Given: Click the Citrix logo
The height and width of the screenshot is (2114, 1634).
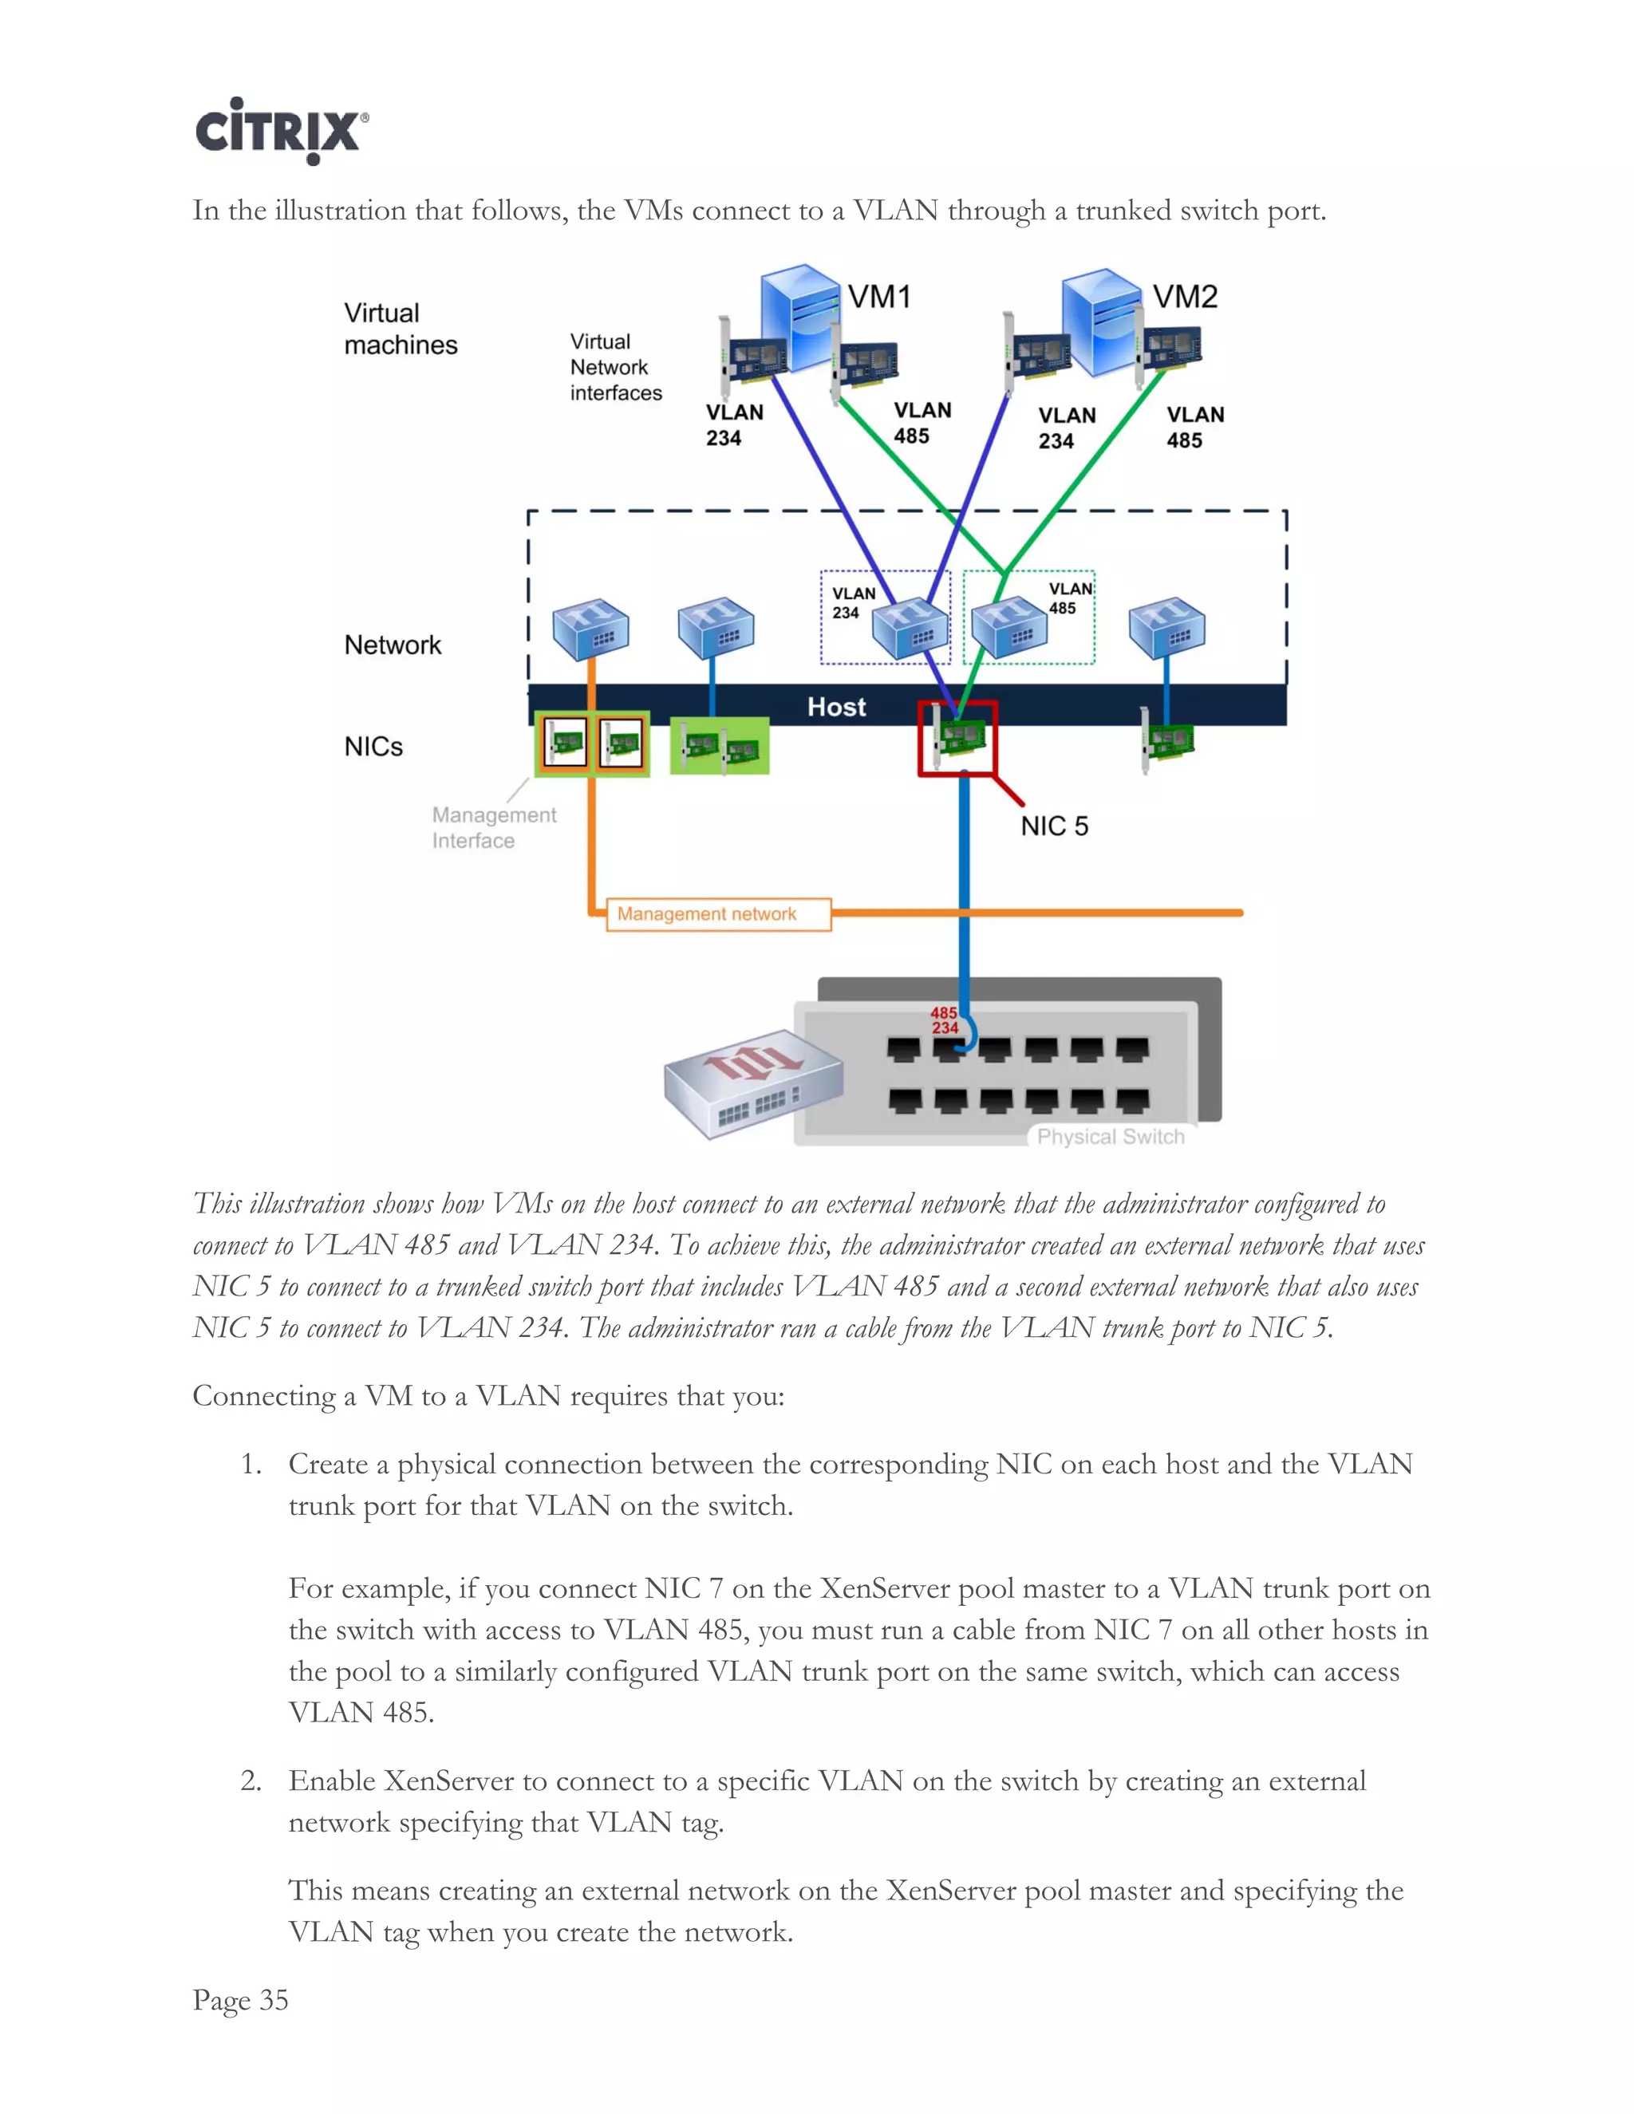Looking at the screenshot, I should pos(281,132).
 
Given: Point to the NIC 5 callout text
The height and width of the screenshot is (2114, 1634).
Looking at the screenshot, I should pos(1054,826).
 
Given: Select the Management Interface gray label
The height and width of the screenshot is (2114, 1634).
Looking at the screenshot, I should pos(493,827).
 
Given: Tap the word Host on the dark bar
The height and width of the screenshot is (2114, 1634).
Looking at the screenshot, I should pos(836,707).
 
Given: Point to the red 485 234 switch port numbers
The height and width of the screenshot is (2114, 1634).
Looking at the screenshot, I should pos(945,1020).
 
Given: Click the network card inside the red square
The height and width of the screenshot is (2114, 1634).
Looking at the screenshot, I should pos(958,739).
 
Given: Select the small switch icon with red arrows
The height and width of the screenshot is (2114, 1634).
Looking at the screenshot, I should pos(752,1081).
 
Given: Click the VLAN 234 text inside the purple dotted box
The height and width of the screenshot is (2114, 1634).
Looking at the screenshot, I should pos(852,602).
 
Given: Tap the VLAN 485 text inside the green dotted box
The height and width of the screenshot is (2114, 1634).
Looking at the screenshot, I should pos(1070,598).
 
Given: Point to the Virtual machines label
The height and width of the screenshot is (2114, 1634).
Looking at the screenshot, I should pos(400,329).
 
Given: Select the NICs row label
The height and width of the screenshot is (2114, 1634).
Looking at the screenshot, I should pos(373,747).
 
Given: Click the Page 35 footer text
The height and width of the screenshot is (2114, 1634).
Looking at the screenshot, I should pos(240,1999).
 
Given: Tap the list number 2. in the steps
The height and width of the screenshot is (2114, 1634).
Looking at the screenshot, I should pos(251,1781).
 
